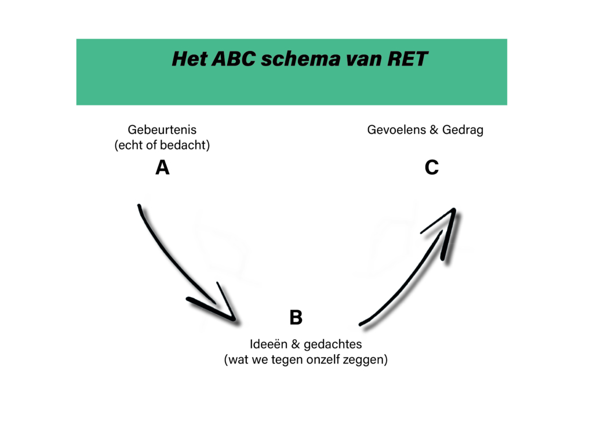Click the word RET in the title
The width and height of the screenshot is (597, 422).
coord(407,59)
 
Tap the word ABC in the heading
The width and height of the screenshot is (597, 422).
coord(234,59)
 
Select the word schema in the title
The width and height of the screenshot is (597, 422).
coord(301,59)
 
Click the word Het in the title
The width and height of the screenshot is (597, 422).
coord(188,59)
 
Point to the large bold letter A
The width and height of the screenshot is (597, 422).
coord(162,167)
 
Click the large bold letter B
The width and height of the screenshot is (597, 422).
coord(296,317)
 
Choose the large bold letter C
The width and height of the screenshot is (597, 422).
coord(432,167)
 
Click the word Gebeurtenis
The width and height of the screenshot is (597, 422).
coord(162,129)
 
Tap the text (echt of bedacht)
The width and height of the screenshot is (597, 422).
coord(162,145)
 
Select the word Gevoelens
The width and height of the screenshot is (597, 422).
coord(396,129)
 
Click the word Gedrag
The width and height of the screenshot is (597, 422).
coord(463,130)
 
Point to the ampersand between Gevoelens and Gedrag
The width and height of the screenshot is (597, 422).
coord(434,129)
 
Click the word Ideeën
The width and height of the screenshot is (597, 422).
coord(268,344)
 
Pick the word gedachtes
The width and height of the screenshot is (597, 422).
coord(333,344)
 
